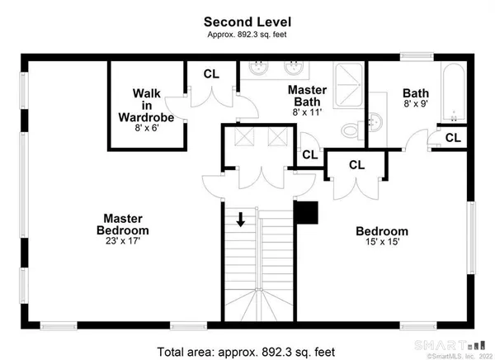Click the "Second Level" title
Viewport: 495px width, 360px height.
(x=247, y=21)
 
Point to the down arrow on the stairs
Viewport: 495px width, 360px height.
(x=240, y=220)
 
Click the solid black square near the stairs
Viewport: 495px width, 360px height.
(x=307, y=213)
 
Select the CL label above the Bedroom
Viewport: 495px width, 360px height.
(x=356, y=165)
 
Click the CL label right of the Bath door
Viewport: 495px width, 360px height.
(x=453, y=138)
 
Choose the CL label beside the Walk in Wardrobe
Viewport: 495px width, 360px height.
(x=212, y=73)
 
